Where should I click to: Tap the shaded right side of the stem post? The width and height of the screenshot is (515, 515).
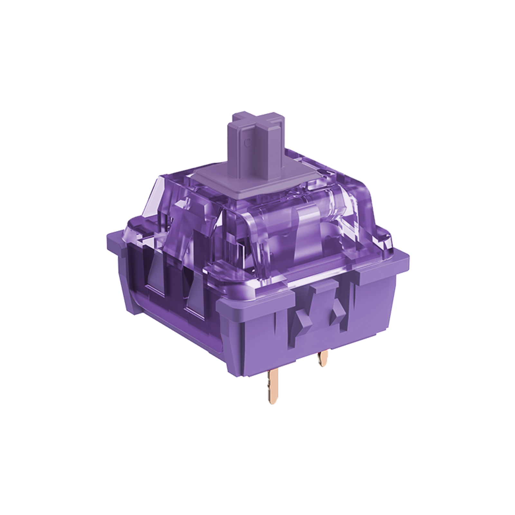click(274, 151)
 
